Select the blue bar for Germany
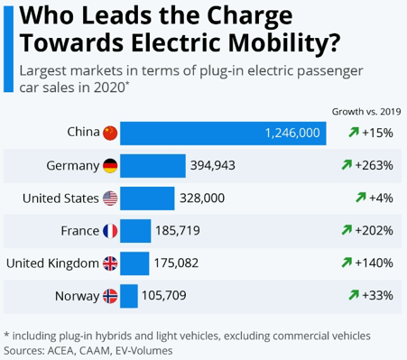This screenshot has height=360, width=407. (153, 165)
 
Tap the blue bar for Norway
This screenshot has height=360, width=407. (129, 295)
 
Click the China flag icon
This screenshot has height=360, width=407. (110, 133)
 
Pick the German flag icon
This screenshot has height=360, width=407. (110, 165)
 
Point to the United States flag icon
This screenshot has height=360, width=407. (110, 198)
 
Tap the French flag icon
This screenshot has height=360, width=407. (110, 230)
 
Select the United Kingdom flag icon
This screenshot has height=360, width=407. (110, 263)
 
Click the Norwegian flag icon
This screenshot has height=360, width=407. (110, 295)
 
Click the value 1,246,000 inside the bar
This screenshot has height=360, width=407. (292, 133)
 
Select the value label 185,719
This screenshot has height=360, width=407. (178, 230)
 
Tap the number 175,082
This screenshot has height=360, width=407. (177, 263)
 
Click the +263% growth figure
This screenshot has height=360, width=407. (375, 165)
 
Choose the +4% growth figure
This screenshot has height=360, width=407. (382, 198)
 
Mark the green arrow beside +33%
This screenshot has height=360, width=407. (354, 295)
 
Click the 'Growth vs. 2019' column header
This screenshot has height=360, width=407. (365, 111)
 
